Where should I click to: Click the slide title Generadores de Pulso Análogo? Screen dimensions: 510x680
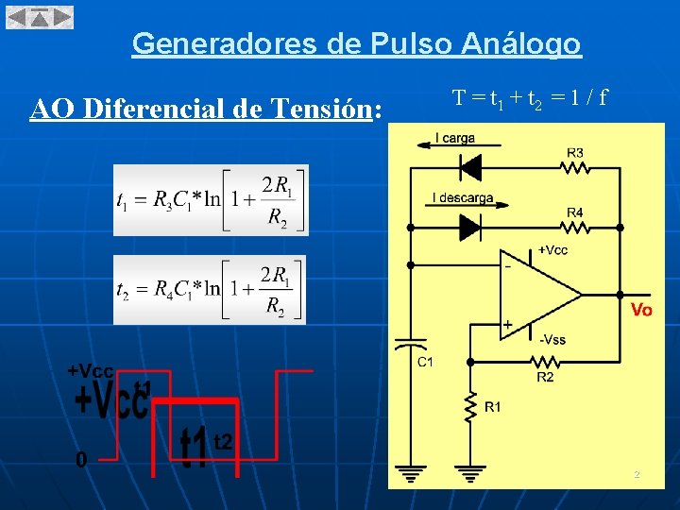pyautogui.click(x=356, y=43)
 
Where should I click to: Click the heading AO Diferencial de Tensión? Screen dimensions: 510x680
pyautogui.click(x=207, y=110)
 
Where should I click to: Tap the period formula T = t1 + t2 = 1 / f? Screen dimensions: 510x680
pyautogui.click(x=529, y=97)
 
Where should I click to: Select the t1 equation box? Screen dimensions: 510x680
pyautogui.click(x=211, y=200)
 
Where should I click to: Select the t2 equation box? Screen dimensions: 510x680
pyautogui.click(x=210, y=289)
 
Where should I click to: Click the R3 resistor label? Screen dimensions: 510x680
pyautogui.click(x=575, y=152)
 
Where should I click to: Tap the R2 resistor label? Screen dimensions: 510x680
pyautogui.click(x=545, y=378)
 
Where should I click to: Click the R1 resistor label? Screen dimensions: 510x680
pyautogui.click(x=493, y=407)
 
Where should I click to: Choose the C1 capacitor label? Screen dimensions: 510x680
pyautogui.click(x=425, y=361)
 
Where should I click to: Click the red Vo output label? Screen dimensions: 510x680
pyautogui.click(x=640, y=310)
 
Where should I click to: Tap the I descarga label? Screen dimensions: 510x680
pyautogui.click(x=463, y=198)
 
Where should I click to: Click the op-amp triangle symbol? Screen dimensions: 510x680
pyautogui.click(x=539, y=294)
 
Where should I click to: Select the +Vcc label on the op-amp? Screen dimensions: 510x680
pyautogui.click(x=552, y=250)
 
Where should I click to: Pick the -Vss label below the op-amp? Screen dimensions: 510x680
pyautogui.click(x=552, y=338)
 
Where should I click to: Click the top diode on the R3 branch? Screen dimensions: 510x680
pyautogui.click(x=469, y=167)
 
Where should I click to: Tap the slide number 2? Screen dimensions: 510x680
pyautogui.click(x=637, y=474)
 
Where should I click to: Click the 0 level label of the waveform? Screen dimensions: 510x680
pyautogui.click(x=81, y=460)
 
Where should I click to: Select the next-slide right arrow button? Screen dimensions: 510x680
pyautogui.click(x=61, y=17)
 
